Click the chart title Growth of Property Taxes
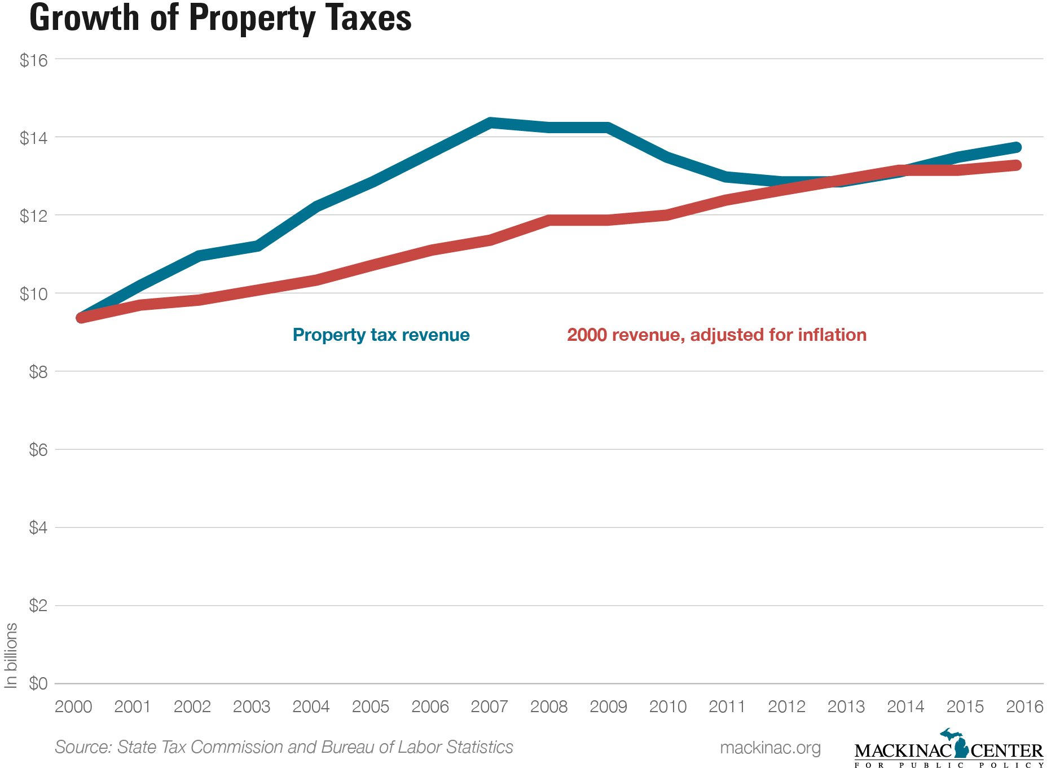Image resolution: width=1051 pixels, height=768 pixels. pyautogui.click(x=220, y=18)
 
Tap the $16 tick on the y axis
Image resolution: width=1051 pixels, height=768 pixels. pyautogui.click(x=33, y=60)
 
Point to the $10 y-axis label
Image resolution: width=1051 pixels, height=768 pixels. pyautogui.click(x=33, y=294)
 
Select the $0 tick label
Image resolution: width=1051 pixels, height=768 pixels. pyautogui.click(x=38, y=684)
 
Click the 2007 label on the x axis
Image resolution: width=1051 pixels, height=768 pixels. pyautogui.click(x=489, y=706)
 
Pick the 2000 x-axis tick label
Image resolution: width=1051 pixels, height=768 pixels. pyautogui.click(x=73, y=706)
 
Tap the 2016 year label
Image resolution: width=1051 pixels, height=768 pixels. pyautogui.click(x=1024, y=706)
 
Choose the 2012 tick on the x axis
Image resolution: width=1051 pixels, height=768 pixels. pyautogui.click(x=786, y=706)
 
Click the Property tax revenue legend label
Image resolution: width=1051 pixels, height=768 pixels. pyautogui.click(x=381, y=335)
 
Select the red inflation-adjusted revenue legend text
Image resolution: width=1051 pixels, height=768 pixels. pyautogui.click(x=716, y=335)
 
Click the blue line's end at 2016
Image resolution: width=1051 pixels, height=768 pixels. pyautogui.click(x=1015, y=147)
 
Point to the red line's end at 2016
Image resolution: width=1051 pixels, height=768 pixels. pyautogui.click(x=1015, y=165)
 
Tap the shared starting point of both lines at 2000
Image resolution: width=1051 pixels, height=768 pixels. pyautogui.click(x=81, y=318)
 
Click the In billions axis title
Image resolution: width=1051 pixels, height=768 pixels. pyautogui.click(x=11, y=656)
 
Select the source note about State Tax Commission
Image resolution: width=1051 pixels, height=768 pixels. pyautogui.click(x=284, y=747)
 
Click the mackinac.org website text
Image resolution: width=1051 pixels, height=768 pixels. pyautogui.click(x=770, y=748)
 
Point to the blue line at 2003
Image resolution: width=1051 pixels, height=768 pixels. pyautogui.click(x=257, y=245)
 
